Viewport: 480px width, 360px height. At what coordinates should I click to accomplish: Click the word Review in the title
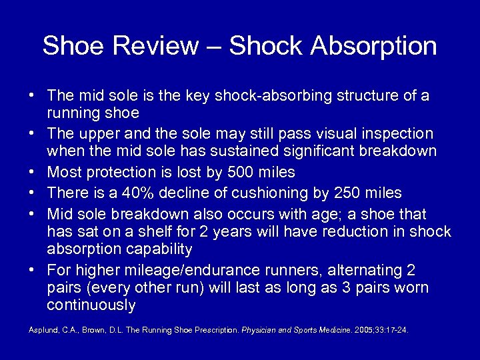pos(158,47)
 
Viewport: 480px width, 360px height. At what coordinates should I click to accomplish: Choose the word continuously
pos(91,306)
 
